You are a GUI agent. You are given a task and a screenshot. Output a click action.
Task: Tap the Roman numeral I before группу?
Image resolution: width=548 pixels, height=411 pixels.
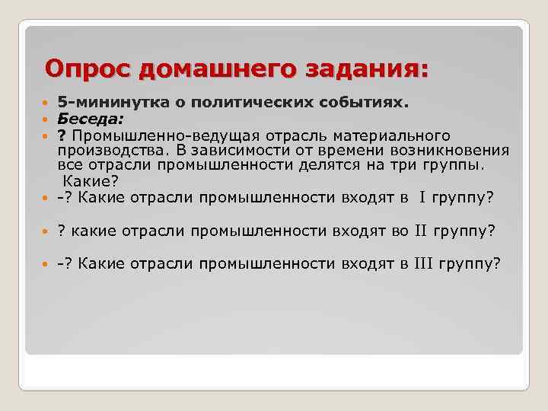[421, 199]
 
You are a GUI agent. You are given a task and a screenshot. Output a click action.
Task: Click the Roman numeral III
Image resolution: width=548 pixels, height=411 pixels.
[423, 264]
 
